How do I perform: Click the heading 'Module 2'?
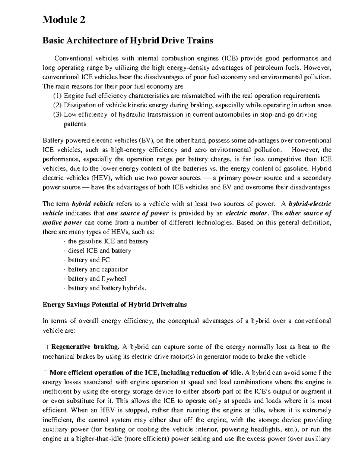point(64,20)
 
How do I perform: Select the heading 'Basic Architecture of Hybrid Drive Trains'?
point(128,40)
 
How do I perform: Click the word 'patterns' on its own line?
point(75,124)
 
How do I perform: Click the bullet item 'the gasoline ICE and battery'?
point(108,241)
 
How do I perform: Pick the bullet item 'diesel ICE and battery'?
point(99,250)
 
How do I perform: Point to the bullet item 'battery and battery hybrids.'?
point(107,288)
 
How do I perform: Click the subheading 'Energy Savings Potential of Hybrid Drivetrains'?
point(115,305)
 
